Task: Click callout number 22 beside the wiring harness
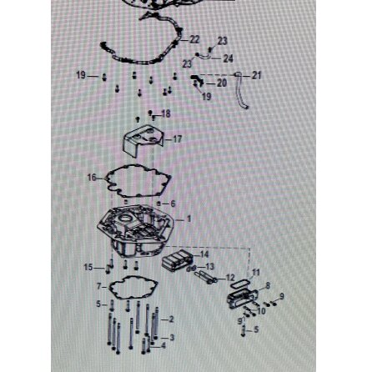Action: point(194,39)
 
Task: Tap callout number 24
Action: point(229,58)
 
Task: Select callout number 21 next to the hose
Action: point(256,75)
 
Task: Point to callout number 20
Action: point(221,83)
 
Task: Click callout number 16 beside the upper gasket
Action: point(91,177)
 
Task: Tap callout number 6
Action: point(173,203)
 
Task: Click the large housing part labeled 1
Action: point(133,229)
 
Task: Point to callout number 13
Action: point(210,267)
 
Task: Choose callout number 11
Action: point(255,272)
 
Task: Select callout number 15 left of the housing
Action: point(89,268)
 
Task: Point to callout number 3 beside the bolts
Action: point(171,338)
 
